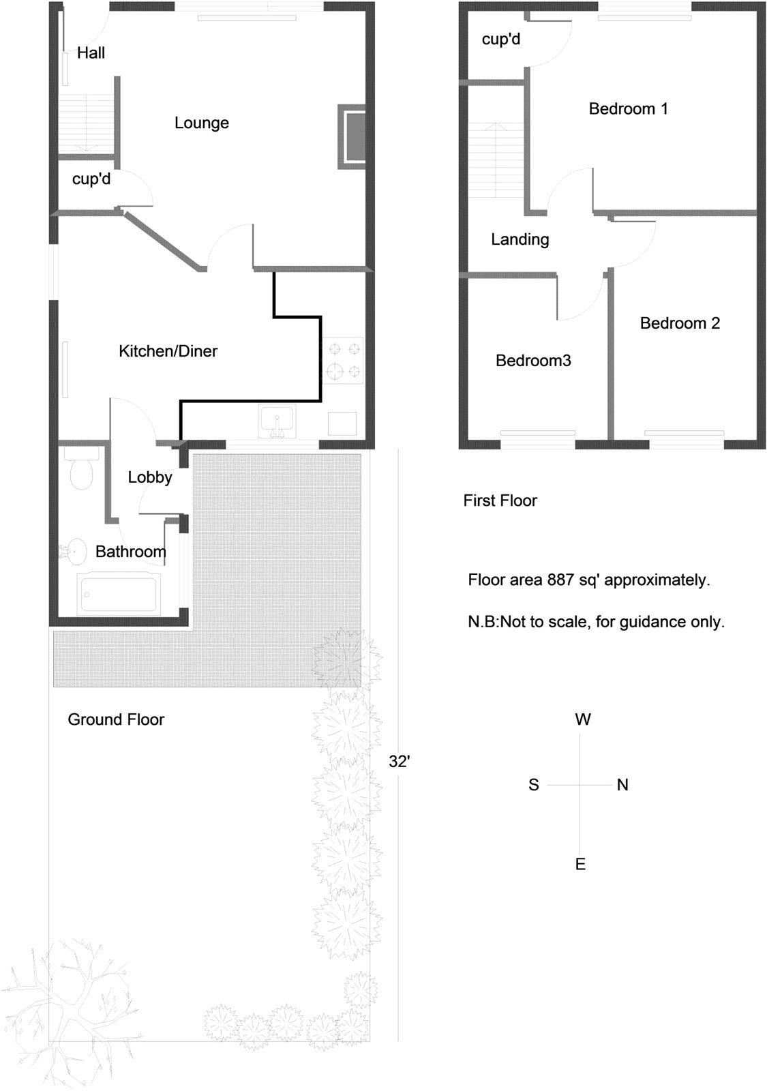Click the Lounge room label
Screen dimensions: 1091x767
click(201, 123)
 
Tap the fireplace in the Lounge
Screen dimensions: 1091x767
click(353, 136)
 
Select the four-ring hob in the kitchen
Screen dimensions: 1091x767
click(344, 360)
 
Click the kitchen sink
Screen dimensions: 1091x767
click(276, 421)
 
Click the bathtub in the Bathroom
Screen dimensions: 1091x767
click(119, 593)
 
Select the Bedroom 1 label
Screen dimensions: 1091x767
click(628, 108)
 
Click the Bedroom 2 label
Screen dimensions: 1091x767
click(679, 323)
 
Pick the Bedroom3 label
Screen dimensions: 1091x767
click(532, 361)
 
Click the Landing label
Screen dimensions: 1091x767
click(520, 239)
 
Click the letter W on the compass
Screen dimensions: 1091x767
click(582, 719)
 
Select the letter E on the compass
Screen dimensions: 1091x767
click(580, 865)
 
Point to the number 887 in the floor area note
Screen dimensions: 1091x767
click(559, 580)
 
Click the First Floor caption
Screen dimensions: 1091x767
click(500, 500)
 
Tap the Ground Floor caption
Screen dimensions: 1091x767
click(116, 719)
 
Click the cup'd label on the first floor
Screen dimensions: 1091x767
click(500, 40)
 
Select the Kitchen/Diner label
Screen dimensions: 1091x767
click(168, 351)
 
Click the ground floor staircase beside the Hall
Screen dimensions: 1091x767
click(85, 123)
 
